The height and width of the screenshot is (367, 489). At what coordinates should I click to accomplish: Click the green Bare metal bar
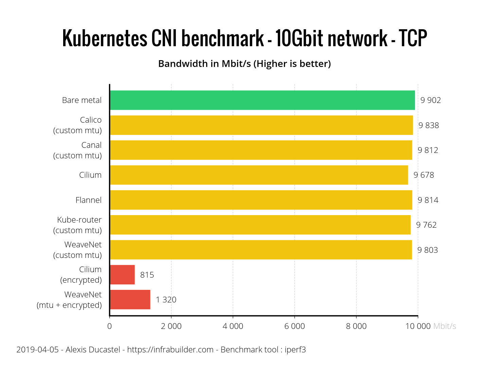(x=262, y=100)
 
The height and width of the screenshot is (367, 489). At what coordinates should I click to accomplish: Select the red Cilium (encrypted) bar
(x=122, y=275)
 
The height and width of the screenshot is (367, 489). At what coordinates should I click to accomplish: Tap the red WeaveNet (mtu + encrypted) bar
(x=130, y=300)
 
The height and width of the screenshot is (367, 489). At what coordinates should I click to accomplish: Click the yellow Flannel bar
(x=261, y=200)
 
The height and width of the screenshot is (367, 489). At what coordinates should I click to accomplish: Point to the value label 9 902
(x=431, y=100)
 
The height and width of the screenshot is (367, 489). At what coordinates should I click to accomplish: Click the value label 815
(x=147, y=275)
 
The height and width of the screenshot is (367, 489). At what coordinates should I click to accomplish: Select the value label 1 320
(x=166, y=300)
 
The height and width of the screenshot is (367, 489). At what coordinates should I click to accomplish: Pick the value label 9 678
(x=424, y=175)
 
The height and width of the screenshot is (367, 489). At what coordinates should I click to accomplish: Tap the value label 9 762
(x=426, y=225)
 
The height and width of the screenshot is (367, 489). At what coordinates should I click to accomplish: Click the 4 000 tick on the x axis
(x=233, y=326)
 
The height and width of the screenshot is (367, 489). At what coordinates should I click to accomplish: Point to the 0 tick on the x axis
(x=109, y=326)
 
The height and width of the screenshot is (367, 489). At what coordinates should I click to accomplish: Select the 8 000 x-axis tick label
(x=356, y=326)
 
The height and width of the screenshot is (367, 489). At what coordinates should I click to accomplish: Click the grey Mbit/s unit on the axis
(x=445, y=326)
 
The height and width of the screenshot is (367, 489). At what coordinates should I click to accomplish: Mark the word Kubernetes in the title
(x=105, y=38)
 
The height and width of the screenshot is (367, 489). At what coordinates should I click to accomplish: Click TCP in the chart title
(x=413, y=38)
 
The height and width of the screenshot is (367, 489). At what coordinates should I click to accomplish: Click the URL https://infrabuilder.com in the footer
(x=170, y=350)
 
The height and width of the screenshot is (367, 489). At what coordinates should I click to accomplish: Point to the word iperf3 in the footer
(x=295, y=350)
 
